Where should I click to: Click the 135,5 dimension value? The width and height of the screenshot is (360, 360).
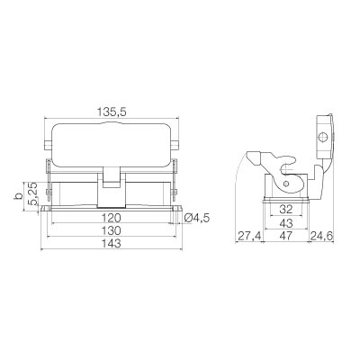pos(112,112)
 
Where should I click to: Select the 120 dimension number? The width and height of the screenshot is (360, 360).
pos(111,218)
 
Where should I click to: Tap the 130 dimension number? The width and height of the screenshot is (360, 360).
pos(111,231)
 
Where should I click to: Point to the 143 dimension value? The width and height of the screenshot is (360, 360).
pos(111,244)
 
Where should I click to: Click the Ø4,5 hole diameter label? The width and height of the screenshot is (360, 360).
pos(196,218)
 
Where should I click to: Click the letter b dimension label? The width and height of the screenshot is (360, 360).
pos(19,196)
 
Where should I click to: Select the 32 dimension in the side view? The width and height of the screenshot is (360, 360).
pos(286,210)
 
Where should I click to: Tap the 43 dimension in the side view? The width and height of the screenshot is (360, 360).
pos(286,223)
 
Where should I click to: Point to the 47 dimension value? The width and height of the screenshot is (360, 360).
pos(286,236)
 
